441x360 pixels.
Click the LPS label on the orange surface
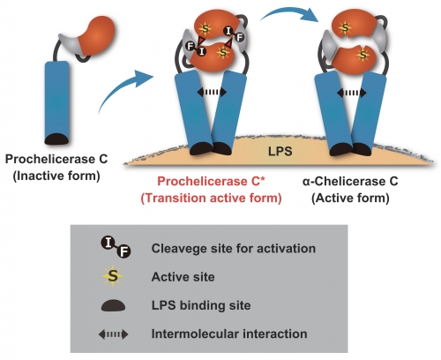pos(280,151)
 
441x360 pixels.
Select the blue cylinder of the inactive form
pos(57,101)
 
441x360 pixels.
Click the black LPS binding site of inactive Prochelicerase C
pos(56,139)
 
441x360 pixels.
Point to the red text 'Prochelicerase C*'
pos(211,181)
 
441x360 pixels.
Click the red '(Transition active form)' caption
pos(211,198)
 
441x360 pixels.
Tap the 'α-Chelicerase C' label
pos(350,181)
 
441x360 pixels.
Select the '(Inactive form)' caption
pos(56,176)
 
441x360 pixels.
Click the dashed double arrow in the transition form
pos(212,92)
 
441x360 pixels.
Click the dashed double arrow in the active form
pos(352,93)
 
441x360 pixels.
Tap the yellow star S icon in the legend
pos(113,276)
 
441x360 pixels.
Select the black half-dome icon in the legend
pos(113,305)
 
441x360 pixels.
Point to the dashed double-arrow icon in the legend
pos(113,334)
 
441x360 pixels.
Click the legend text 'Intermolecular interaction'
pos(229,334)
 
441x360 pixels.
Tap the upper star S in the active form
pos(345,28)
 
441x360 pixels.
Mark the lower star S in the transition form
pos(223,52)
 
